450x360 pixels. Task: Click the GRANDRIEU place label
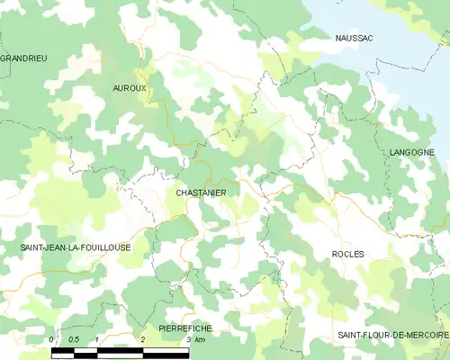[23, 58]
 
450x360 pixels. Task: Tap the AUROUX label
[130, 87]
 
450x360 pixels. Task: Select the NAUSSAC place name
[354, 38]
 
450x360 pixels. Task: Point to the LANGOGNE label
[412, 154]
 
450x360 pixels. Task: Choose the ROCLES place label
[347, 255]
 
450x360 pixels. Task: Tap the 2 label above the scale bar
[143, 339]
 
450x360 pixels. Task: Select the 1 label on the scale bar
[97, 339]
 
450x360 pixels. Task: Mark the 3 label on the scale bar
[188, 339]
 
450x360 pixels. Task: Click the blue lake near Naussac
[396, 54]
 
